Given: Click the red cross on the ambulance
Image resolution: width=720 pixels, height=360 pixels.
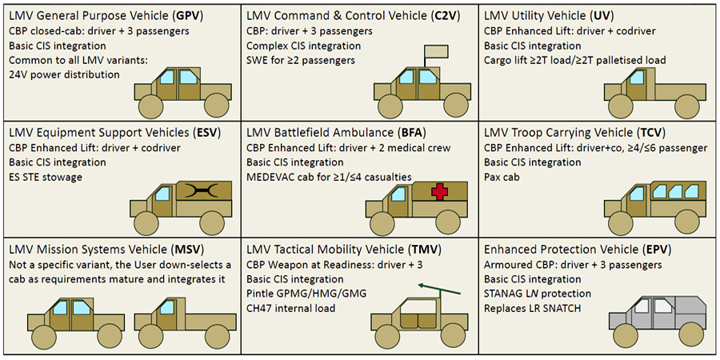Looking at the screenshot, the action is click(x=439, y=192).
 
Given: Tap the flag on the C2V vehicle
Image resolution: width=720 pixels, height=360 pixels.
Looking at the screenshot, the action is click(x=436, y=50).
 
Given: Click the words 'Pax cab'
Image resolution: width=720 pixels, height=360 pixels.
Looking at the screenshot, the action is click(x=502, y=177).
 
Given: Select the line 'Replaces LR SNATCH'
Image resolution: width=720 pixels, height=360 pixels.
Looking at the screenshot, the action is click(x=533, y=308).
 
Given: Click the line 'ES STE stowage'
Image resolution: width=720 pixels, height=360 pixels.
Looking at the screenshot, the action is click(x=46, y=177).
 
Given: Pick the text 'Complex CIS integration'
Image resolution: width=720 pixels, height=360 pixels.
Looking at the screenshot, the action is click(x=303, y=46).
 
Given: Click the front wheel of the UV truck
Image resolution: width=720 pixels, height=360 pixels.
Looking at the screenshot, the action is click(x=620, y=107).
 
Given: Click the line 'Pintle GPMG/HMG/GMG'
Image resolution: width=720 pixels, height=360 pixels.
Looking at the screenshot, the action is click(x=306, y=294).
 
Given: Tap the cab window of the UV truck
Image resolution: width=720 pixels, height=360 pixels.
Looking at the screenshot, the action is click(x=637, y=77).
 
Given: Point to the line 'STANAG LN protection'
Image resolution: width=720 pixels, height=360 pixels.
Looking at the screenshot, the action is click(x=538, y=294).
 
